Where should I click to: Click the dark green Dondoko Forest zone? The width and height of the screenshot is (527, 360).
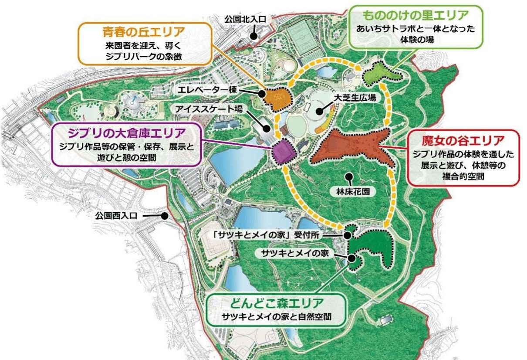coord(375,248)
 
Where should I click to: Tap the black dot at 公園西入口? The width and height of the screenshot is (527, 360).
coord(165,215)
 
